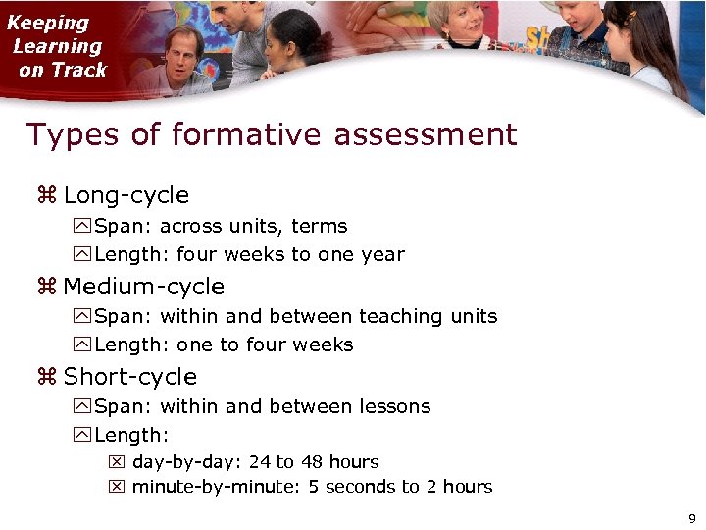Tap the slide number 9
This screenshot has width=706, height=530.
pyautogui.click(x=692, y=518)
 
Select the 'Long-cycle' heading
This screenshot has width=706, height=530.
pyautogui.click(x=126, y=195)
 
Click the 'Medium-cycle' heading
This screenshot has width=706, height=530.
pyautogui.click(x=143, y=287)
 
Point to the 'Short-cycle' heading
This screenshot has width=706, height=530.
pyautogui.click(x=129, y=377)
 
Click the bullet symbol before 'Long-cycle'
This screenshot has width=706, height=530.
pyautogui.click(x=47, y=195)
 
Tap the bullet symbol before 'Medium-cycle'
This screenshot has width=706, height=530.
pyautogui.click(x=47, y=287)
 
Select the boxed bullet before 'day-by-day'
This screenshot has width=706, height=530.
pyautogui.click(x=117, y=462)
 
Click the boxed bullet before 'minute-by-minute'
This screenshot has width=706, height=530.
pyautogui.click(x=117, y=487)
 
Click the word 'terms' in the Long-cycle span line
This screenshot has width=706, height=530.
pyautogui.click(x=319, y=227)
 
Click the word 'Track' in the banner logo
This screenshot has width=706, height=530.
pyautogui.click(x=80, y=70)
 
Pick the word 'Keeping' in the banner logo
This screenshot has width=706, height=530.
pyautogui.click(x=48, y=23)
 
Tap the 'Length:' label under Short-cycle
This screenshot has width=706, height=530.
pyautogui.click(x=131, y=435)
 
